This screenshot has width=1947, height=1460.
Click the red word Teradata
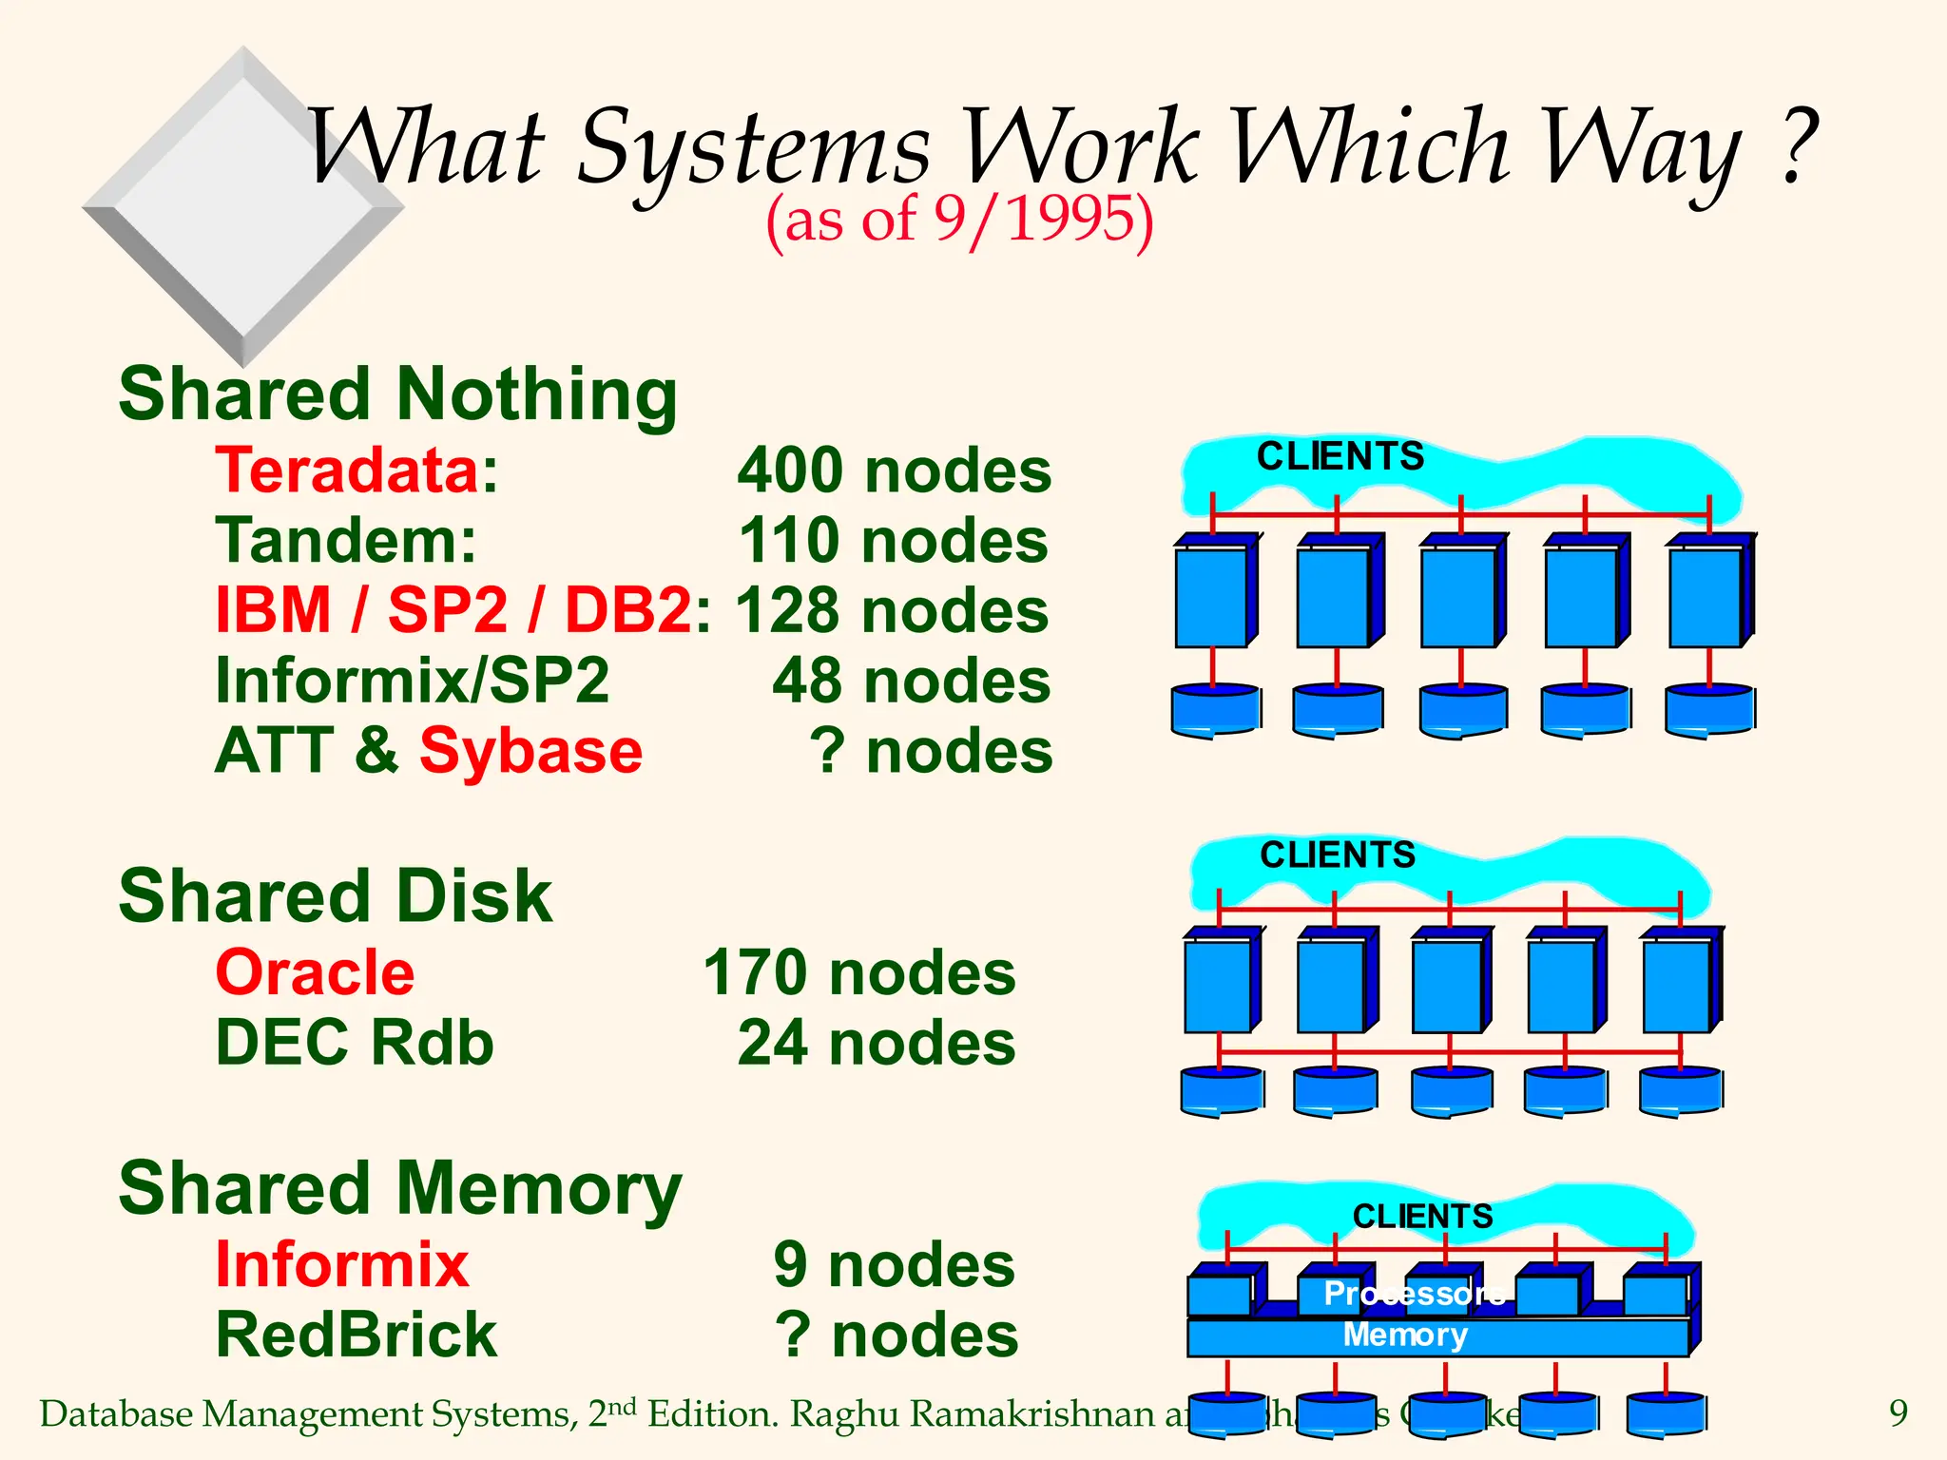[x=348, y=471]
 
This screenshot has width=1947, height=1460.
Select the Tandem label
[x=346, y=541]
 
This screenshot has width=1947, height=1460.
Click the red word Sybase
[x=530, y=751]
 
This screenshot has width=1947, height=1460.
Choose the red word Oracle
[x=315, y=973]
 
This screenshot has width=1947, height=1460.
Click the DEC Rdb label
[x=355, y=1043]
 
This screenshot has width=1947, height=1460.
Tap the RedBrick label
[x=356, y=1335]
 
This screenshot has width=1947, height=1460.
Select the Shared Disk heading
[x=335, y=896]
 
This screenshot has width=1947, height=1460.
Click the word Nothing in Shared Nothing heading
[x=537, y=394]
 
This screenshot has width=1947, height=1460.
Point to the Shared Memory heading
[x=399, y=1189]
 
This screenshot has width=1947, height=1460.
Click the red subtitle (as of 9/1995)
[x=959, y=219]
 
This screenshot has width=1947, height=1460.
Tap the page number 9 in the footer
[x=1898, y=1413]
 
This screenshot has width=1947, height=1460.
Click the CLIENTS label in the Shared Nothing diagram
[x=1340, y=457]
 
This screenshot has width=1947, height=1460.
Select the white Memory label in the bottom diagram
[x=1405, y=1335]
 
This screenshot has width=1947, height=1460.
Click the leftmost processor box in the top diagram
[x=1211, y=597]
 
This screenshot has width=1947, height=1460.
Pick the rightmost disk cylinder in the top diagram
[x=1708, y=709]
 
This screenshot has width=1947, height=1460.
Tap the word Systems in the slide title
[x=753, y=149]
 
